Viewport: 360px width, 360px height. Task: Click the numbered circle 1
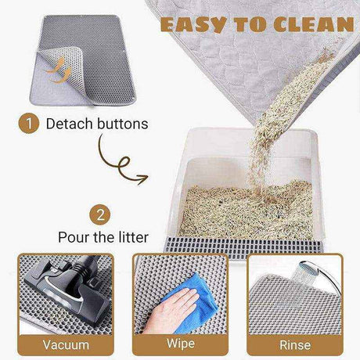click(29, 124)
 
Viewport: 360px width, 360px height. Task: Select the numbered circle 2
click(100, 215)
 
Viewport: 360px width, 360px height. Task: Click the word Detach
click(70, 124)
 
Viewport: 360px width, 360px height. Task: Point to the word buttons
click(122, 124)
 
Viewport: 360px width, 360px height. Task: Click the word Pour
click(74, 237)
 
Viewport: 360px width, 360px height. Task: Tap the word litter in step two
click(133, 237)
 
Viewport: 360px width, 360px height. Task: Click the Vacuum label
click(66, 344)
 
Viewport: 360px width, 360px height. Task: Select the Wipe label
click(181, 344)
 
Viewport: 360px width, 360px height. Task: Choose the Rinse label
click(295, 345)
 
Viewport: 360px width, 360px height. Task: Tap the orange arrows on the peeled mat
click(59, 70)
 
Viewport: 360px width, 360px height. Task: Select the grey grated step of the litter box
click(243, 247)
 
